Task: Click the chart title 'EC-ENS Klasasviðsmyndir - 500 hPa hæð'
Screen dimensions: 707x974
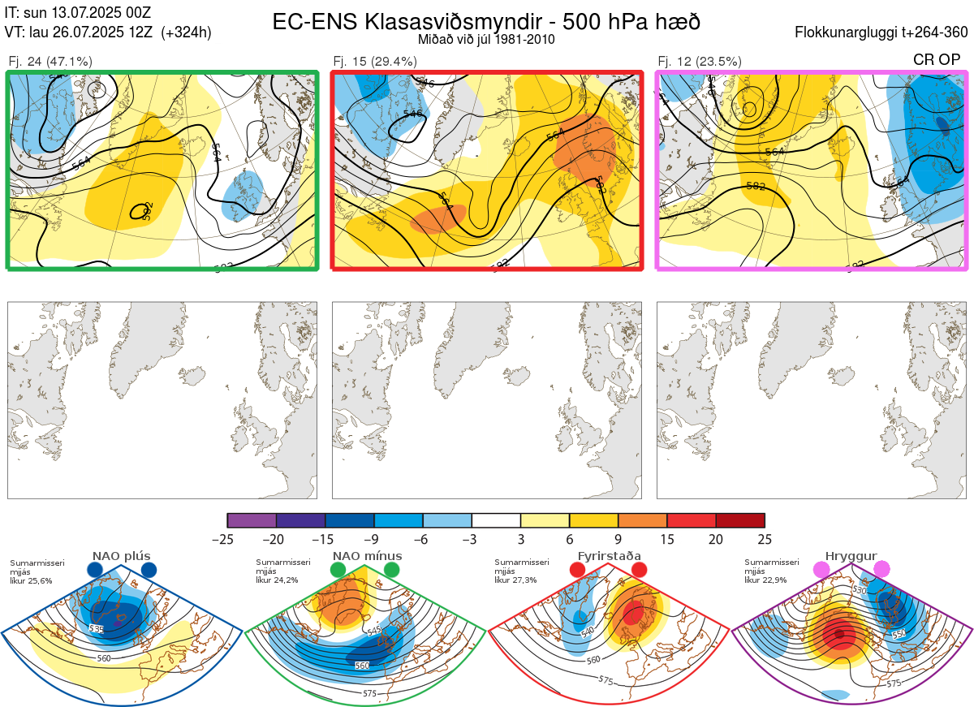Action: pyautogui.click(x=486, y=21)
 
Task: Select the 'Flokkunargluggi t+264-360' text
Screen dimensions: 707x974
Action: pyautogui.click(x=883, y=32)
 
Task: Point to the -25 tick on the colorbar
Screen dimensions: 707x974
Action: pyautogui.click(x=227, y=540)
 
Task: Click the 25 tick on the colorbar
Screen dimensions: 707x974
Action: pyautogui.click(x=765, y=540)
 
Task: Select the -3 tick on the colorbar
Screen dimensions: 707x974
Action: pyautogui.click(x=472, y=540)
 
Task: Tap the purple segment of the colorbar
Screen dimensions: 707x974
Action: pyautogui.click(x=252, y=520)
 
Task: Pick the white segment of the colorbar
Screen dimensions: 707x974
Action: pyautogui.click(x=496, y=520)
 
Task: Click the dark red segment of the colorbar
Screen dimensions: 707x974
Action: pyautogui.click(x=740, y=520)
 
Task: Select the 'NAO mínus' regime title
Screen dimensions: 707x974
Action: pyautogui.click(x=367, y=556)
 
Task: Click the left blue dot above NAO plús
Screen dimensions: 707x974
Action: pyautogui.click(x=95, y=571)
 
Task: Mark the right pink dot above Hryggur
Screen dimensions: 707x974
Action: pyautogui.click(x=881, y=571)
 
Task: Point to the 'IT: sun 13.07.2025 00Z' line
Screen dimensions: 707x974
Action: pyautogui.click(x=77, y=13)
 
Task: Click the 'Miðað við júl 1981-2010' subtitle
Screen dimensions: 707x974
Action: pyautogui.click(x=486, y=39)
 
